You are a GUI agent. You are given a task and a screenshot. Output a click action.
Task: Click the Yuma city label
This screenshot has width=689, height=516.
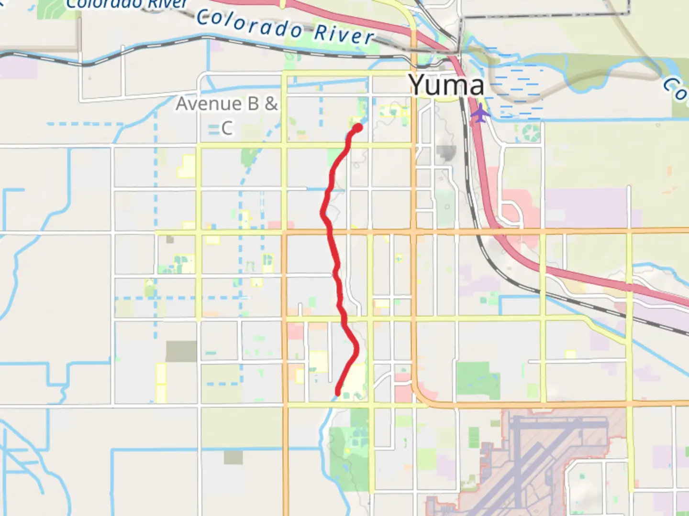pos(446,85)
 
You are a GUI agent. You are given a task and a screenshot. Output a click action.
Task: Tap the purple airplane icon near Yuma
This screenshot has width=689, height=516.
pos(480,114)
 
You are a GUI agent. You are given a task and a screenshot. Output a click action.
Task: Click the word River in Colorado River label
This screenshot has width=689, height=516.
pos(344,34)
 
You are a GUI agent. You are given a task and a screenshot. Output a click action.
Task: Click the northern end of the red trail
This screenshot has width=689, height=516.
pos(357,128)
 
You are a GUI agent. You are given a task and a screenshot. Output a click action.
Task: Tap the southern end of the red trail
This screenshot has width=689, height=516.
pos(338,394)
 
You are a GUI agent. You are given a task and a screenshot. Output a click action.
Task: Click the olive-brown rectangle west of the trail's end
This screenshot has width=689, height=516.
pos(181,351)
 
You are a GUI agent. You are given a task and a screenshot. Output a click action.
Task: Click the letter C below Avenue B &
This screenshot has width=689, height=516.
pos(227,128)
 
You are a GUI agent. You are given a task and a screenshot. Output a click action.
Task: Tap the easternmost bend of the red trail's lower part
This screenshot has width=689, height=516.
pos(356,349)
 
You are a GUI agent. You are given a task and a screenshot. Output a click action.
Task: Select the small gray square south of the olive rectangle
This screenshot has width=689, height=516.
pos(233,457)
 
